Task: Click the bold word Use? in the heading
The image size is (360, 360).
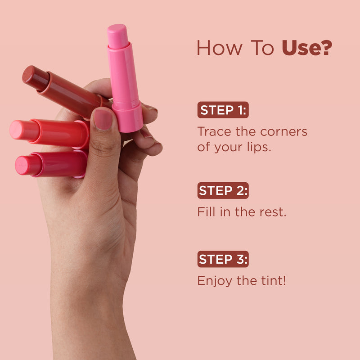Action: pos(307,48)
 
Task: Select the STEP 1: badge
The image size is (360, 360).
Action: pos(223,110)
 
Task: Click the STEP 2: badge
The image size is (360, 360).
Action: pos(223,190)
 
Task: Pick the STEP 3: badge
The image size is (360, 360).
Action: pos(223,259)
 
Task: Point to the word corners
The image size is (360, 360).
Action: pos(283,132)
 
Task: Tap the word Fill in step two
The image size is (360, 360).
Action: pos(206,211)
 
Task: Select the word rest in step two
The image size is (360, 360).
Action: pos(273,212)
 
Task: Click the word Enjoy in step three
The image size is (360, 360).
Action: pos(215,281)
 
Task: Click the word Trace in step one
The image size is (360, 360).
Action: pos(214,131)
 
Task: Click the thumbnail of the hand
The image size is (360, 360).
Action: pos(103,120)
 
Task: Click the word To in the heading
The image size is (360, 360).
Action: pos(262,48)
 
